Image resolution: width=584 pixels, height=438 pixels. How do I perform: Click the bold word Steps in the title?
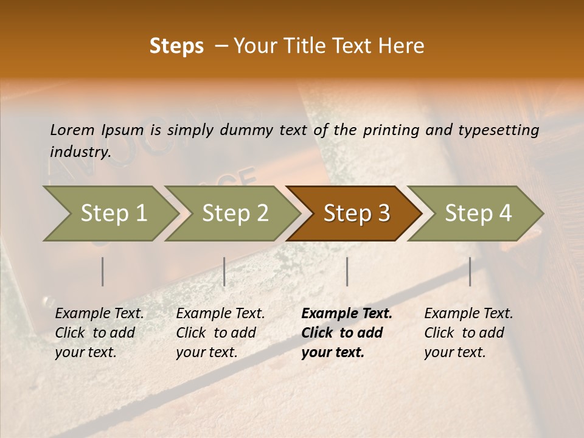pos(176,47)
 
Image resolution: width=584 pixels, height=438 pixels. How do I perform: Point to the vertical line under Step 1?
pos(103,271)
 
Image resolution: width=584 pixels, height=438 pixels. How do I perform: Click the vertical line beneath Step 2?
pos(224,271)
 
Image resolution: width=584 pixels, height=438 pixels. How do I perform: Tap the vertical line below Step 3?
pos(347,271)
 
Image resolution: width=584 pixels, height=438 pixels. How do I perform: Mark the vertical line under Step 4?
pos(470,271)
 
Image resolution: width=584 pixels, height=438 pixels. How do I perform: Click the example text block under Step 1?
pos(99,333)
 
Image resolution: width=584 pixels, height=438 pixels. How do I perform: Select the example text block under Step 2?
pos(220,333)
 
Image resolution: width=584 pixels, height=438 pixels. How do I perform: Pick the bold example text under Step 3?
pos(347,333)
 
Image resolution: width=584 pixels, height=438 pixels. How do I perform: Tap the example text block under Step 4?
pos(468,333)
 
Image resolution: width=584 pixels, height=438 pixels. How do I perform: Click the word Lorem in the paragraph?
pos(72,130)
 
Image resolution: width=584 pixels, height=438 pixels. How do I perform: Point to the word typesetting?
pos(504,130)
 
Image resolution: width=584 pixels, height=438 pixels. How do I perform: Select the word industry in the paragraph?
pos(80,152)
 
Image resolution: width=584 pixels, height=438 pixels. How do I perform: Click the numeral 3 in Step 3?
pos(383,214)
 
